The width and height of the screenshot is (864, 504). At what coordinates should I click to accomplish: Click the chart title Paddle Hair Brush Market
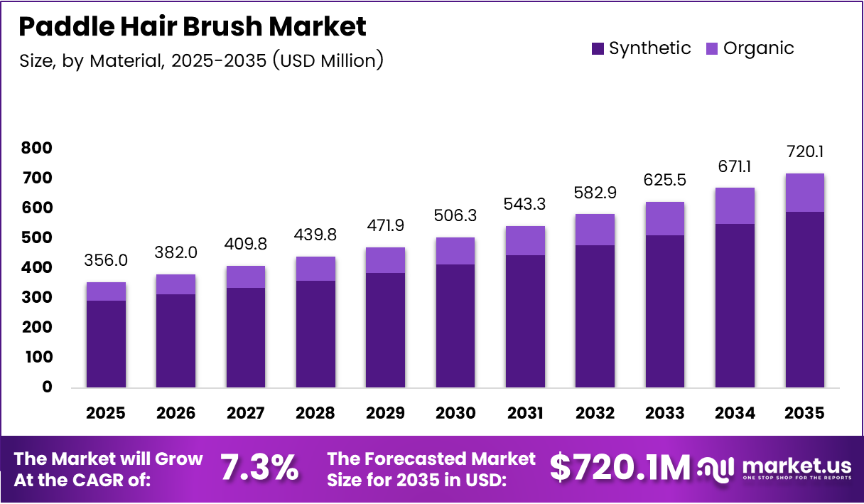click(x=192, y=27)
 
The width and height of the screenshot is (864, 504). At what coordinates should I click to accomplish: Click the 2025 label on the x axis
click(x=106, y=413)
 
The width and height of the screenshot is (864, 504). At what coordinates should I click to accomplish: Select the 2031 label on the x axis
click(x=526, y=413)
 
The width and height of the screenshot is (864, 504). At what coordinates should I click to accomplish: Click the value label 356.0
click(x=106, y=260)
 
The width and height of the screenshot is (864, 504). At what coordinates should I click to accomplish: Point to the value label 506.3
click(x=455, y=215)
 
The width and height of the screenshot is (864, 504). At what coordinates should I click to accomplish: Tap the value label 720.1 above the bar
click(x=805, y=151)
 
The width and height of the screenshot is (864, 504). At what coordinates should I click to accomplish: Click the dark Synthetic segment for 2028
click(x=315, y=334)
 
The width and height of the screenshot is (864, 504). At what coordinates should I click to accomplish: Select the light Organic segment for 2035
click(x=805, y=193)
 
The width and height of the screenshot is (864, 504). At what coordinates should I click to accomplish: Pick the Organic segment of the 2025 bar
click(x=106, y=291)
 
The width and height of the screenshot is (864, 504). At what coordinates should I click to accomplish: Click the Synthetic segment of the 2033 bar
click(x=666, y=311)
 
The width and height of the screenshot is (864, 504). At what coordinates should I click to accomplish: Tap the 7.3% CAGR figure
click(x=259, y=468)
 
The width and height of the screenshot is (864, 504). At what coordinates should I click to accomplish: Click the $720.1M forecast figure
click(x=620, y=468)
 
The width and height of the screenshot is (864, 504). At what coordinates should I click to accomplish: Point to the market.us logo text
click(x=796, y=466)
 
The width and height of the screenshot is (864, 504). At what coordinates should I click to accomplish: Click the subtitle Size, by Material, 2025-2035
click(x=201, y=61)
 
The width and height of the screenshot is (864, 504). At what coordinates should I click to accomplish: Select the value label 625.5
click(x=666, y=180)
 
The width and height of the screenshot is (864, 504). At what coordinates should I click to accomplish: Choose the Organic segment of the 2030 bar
click(x=455, y=251)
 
